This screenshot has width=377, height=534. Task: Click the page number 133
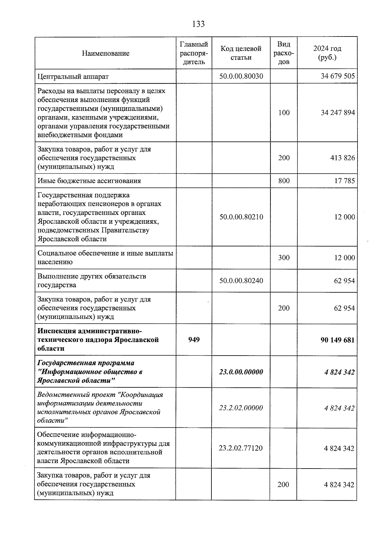pos(198,24)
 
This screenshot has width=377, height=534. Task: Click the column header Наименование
pos(106,53)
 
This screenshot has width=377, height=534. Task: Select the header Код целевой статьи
pos(241,53)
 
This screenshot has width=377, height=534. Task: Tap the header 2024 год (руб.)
pos(327,53)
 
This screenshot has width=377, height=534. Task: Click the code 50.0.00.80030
pos(241,76)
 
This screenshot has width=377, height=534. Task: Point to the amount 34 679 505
pos(338,76)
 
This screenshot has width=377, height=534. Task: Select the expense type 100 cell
pos(284,113)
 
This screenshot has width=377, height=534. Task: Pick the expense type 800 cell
pos(284,181)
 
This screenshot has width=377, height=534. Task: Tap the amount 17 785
pos(344,181)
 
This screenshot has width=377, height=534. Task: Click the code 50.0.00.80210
pos(241,217)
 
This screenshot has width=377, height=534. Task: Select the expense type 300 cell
pos(284,258)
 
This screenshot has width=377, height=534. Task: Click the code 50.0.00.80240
pos(241,280)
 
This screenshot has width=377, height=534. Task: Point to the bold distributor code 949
pos(194,340)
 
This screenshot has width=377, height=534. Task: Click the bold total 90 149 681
pos(337,340)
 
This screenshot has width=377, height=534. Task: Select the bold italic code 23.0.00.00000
pos(241,372)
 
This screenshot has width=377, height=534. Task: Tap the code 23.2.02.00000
pos(241,408)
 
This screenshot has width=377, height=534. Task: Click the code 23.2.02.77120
pos(241,448)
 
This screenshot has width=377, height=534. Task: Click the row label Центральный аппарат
pos(73,76)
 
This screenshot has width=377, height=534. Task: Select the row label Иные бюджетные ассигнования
pos(89,181)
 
